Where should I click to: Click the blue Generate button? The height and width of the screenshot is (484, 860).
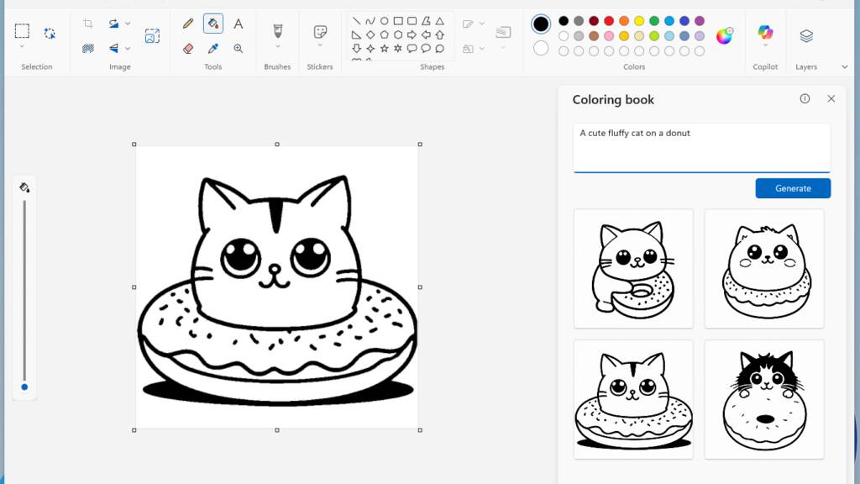pyautogui.click(x=793, y=188)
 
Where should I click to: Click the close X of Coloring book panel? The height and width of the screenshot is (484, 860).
pyautogui.click(x=831, y=99)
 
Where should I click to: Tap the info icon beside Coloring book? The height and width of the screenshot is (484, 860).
pyautogui.click(x=805, y=99)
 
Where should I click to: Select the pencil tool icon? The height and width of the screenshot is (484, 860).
pyautogui.click(x=188, y=24)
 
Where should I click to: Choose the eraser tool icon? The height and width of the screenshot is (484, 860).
pyautogui.click(x=188, y=48)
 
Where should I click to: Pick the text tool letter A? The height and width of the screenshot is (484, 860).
pyautogui.click(x=238, y=24)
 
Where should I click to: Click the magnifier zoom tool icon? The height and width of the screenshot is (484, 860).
pyautogui.click(x=238, y=48)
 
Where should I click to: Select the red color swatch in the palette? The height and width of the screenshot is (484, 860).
pyautogui.click(x=609, y=21)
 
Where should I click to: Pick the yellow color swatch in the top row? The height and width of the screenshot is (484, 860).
pyautogui.click(x=639, y=21)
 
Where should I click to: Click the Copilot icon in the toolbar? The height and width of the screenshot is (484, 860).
pyautogui.click(x=765, y=33)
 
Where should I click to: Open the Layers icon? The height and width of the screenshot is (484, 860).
pyautogui.click(x=806, y=35)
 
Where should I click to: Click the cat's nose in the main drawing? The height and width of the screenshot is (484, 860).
pyautogui.click(x=275, y=268)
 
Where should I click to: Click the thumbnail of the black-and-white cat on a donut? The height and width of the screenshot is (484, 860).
pyautogui.click(x=764, y=399)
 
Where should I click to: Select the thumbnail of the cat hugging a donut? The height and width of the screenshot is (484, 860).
pyautogui.click(x=633, y=268)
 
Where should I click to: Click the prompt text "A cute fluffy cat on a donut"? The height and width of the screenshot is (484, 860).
pyautogui.click(x=635, y=133)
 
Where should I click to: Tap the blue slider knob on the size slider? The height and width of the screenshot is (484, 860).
pyautogui.click(x=24, y=387)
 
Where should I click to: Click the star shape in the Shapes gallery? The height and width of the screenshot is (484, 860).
pyautogui.click(x=384, y=48)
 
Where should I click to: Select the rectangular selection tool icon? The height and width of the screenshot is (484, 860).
pyautogui.click(x=22, y=31)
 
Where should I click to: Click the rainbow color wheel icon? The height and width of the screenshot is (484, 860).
pyautogui.click(x=724, y=36)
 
